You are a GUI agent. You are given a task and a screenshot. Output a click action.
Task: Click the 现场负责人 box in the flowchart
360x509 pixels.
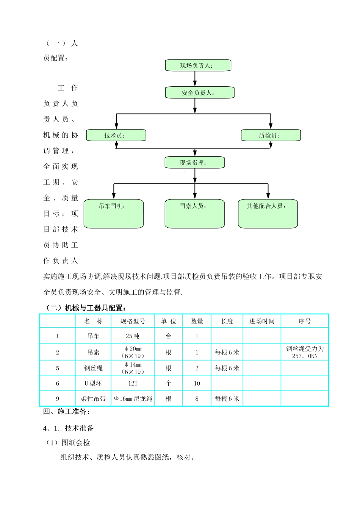(x=198, y=66)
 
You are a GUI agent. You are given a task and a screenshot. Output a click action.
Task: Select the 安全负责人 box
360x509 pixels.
(x=199, y=93)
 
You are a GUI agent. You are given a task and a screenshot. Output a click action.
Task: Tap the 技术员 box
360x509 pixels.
(x=116, y=136)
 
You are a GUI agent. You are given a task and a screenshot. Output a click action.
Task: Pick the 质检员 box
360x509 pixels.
(x=271, y=136)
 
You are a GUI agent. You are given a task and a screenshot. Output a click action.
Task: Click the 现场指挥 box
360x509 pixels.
(x=194, y=163)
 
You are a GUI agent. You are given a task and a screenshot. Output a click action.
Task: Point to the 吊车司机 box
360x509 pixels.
(x=113, y=214)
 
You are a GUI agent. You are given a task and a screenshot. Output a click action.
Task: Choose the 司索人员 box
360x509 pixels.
(x=194, y=214)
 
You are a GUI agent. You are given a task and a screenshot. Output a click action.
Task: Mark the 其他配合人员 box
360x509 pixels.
(x=268, y=214)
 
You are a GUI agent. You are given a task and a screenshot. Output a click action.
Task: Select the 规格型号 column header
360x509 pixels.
(x=133, y=321)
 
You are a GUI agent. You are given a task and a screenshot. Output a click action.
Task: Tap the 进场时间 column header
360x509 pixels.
(x=262, y=321)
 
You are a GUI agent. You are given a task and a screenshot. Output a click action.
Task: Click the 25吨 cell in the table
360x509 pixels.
(x=133, y=336)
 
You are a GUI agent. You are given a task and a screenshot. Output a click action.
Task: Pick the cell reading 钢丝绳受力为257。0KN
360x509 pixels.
(x=305, y=352)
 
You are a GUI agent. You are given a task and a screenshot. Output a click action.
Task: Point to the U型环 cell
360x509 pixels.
(x=93, y=383)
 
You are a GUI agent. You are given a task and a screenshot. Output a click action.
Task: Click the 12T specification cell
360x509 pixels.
(x=133, y=383)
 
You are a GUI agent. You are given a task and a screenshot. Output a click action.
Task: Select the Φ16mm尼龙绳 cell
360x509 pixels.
(x=133, y=399)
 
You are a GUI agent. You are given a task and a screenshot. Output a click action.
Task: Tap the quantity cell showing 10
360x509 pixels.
(x=197, y=383)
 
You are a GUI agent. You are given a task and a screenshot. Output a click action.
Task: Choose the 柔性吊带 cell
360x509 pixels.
(x=93, y=399)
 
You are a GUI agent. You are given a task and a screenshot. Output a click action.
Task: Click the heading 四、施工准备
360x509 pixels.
(x=66, y=412)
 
